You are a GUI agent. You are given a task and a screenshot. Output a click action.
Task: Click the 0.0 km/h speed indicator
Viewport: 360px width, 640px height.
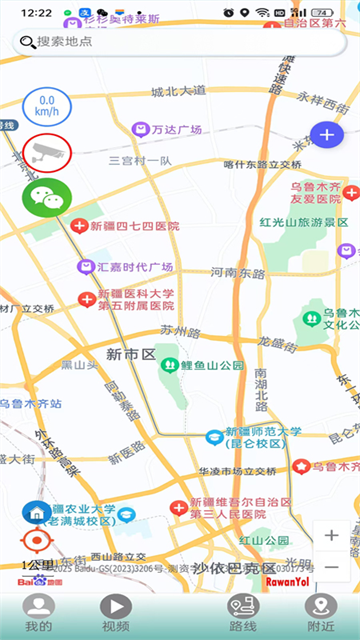coord(46,105)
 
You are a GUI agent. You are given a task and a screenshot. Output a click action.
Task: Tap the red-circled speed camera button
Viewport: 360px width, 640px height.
coord(46,152)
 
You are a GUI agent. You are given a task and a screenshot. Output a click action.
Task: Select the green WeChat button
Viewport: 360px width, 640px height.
coord(46,197)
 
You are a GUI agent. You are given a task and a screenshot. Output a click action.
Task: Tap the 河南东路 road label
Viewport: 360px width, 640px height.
coord(238,272)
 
